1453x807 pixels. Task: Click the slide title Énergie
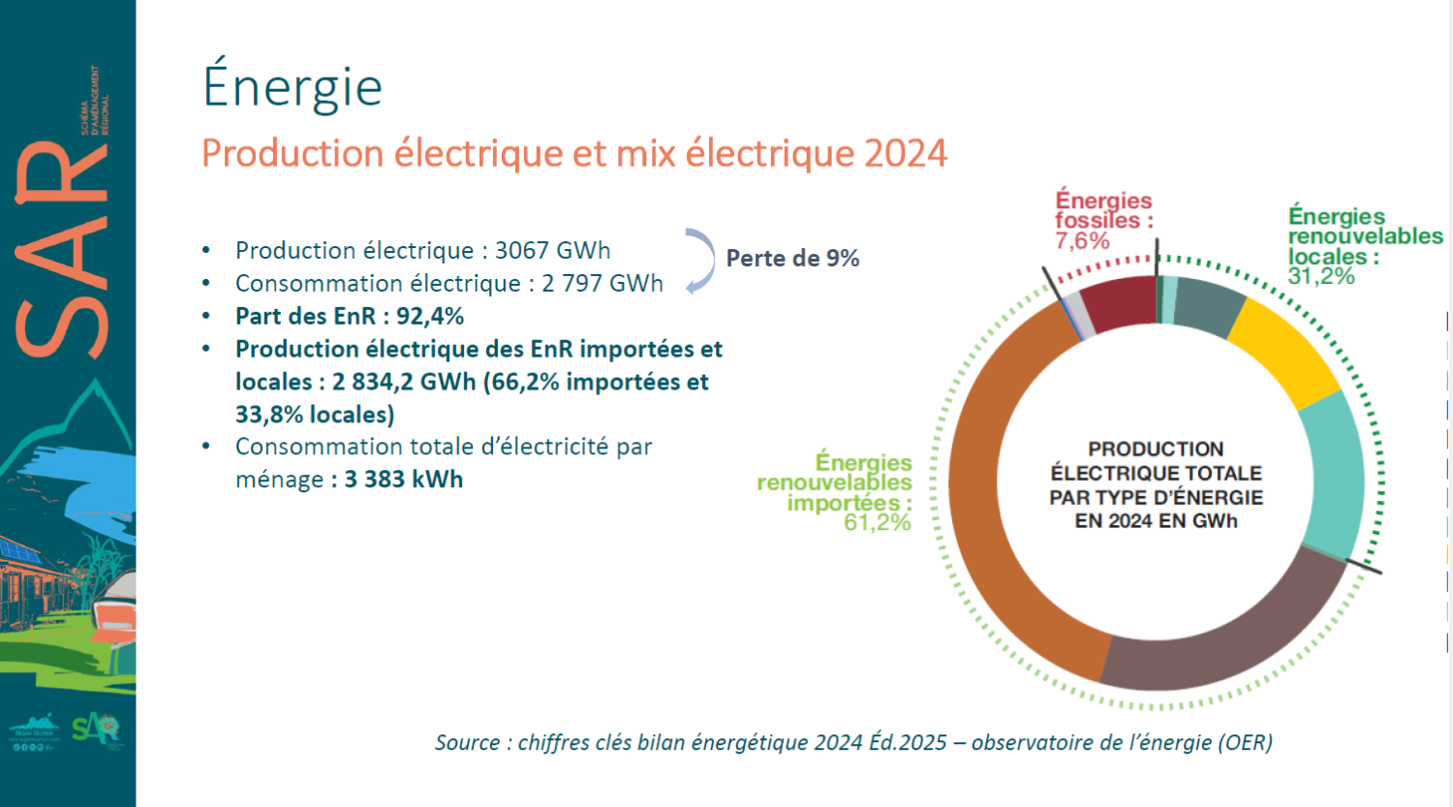tap(293, 87)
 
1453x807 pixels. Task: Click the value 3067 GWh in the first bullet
tap(552, 251)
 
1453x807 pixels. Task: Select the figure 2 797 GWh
tap(602, 284)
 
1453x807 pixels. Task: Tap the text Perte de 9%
tap(792, 259)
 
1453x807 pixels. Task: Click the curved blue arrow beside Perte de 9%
tap(701, 260)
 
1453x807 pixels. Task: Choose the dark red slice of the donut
tap(1119, 303)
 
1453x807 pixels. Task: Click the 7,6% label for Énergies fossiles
tap(1082, 241)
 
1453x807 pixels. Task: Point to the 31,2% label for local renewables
tap(1321, 277)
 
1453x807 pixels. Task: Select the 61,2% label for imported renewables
tap(877, 523)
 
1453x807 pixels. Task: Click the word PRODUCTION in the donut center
tap(1156, 450)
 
